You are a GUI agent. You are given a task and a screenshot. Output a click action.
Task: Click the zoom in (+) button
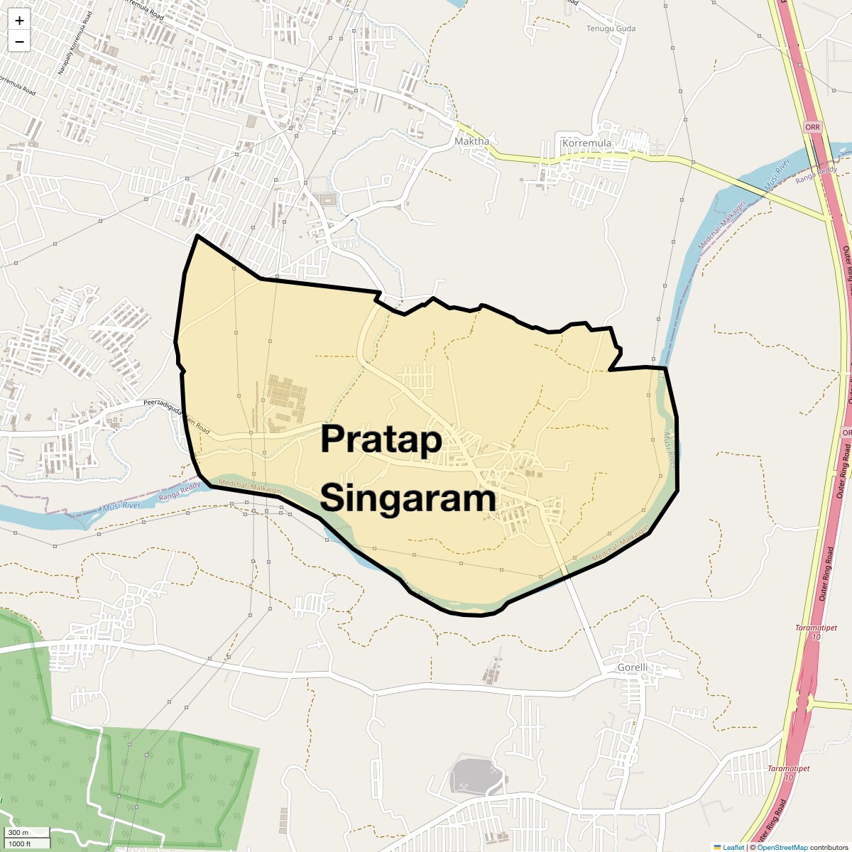click(19, 21)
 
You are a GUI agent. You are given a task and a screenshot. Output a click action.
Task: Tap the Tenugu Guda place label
click(611, 28)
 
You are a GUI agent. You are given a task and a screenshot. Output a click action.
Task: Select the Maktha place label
click(471, 141)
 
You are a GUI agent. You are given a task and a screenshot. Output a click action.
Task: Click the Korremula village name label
click(586, 143)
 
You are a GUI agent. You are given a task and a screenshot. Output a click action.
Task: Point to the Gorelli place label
click(632, 667)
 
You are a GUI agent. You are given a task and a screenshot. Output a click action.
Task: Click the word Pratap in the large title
click(381, 439)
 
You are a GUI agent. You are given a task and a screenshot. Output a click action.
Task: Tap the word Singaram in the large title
click(408, 498)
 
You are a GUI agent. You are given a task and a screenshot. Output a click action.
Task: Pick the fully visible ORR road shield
click(812, 127)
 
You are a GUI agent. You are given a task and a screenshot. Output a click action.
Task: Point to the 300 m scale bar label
click(18, 832)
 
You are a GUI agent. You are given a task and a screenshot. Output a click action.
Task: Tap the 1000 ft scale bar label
click(20, 843)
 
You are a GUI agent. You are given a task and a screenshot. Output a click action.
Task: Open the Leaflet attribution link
click(733, 847)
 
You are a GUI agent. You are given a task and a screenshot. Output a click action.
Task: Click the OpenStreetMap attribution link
click(782, 847)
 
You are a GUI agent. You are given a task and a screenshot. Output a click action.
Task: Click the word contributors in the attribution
click(829, 847)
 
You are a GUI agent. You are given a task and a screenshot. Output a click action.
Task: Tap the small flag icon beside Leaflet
click(717, 847)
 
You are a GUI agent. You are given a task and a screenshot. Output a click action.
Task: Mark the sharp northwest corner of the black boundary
click(197, 235)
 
